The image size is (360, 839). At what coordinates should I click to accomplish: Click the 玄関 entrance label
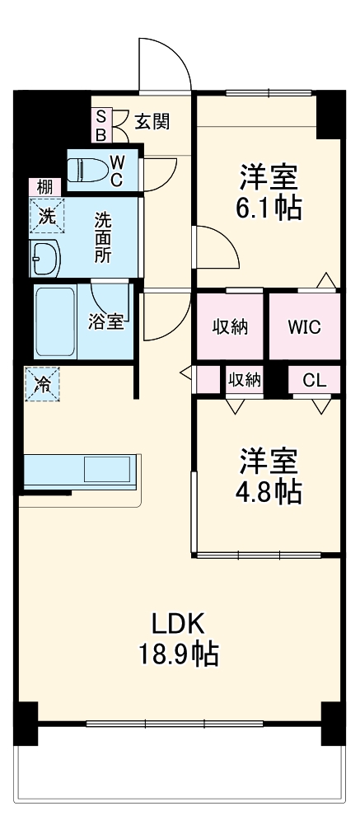(x=152, y=122)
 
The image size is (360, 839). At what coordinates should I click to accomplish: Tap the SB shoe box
(x=101, y=124)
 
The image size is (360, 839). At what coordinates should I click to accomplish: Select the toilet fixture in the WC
(x=87, y=170)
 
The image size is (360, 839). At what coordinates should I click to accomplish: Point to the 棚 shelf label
(x=44, y=187)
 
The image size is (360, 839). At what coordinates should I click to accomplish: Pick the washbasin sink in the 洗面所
(x=44, y=260)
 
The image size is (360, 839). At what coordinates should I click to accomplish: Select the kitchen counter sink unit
(x=78, y=471)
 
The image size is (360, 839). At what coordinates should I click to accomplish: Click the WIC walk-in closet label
(x=303, y=326)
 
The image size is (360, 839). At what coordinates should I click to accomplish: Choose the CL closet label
(x=314, y=380)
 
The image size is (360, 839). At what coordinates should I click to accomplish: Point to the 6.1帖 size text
(x=269, y=208)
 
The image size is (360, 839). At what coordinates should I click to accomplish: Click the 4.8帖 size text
(x=269, y=491)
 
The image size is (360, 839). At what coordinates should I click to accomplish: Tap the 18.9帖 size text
(x=178, y=654)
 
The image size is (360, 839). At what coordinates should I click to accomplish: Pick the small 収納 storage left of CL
(x=245, y=380)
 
